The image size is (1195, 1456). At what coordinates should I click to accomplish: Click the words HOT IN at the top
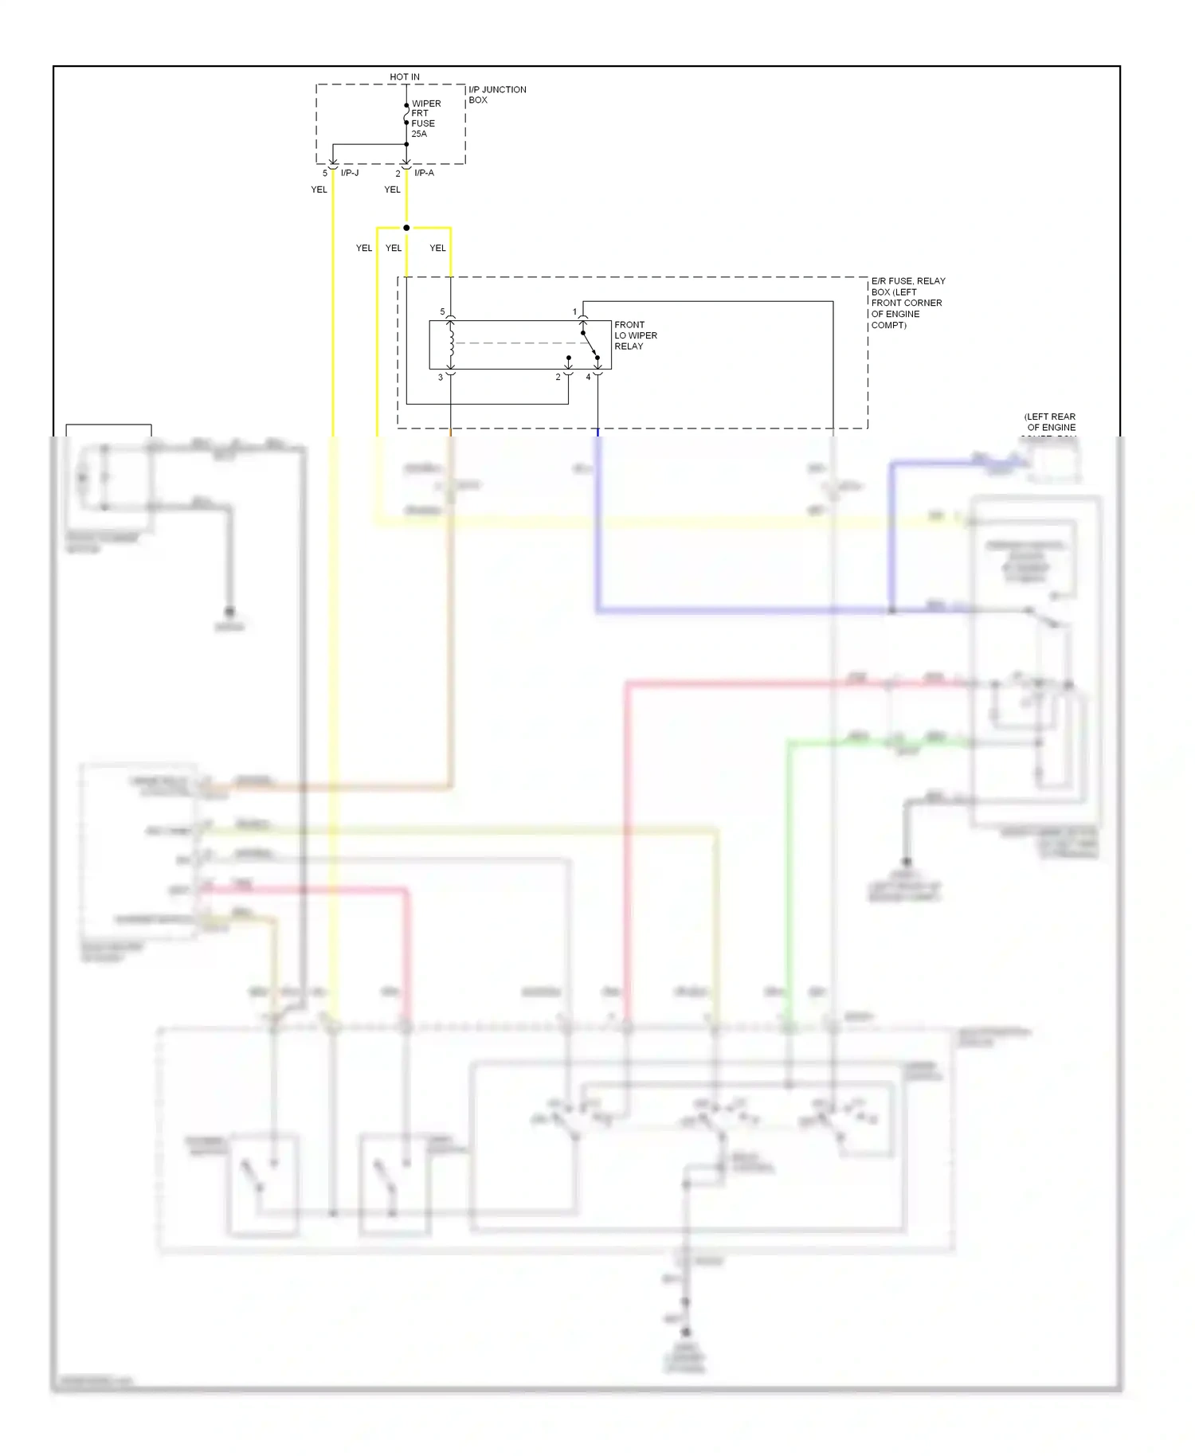point(405,76)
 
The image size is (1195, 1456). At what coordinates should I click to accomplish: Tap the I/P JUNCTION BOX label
point(496,95)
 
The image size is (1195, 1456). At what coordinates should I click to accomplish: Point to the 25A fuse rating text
point(419,134)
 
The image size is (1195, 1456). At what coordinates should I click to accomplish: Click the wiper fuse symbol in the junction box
point(406,115)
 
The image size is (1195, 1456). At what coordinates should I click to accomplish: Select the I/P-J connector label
point(350,173)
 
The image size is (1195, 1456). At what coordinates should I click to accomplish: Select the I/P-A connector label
point(424,173)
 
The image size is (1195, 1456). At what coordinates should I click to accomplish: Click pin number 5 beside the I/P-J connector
point(325,173)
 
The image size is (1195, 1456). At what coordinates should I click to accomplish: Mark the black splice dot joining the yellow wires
point(406,228)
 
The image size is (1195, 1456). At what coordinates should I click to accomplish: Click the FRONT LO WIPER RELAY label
point(635,335)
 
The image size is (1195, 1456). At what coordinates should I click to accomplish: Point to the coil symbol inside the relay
point(451,343)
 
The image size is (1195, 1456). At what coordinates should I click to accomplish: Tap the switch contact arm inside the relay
point(590,345)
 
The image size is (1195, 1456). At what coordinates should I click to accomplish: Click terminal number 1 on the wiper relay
point(574,312)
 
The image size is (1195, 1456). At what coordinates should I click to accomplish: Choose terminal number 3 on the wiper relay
point(441,378)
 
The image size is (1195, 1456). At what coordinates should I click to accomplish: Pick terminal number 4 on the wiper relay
point(589,378)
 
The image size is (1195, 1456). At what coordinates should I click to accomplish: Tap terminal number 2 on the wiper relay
point(558,378)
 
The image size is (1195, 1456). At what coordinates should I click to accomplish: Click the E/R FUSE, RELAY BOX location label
point(907,303)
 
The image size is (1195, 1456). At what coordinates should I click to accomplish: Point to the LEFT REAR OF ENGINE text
point(1050,422)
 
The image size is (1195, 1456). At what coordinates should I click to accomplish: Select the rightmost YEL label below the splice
point(437,248)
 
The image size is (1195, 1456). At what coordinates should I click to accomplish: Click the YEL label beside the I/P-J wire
point(319,190)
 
